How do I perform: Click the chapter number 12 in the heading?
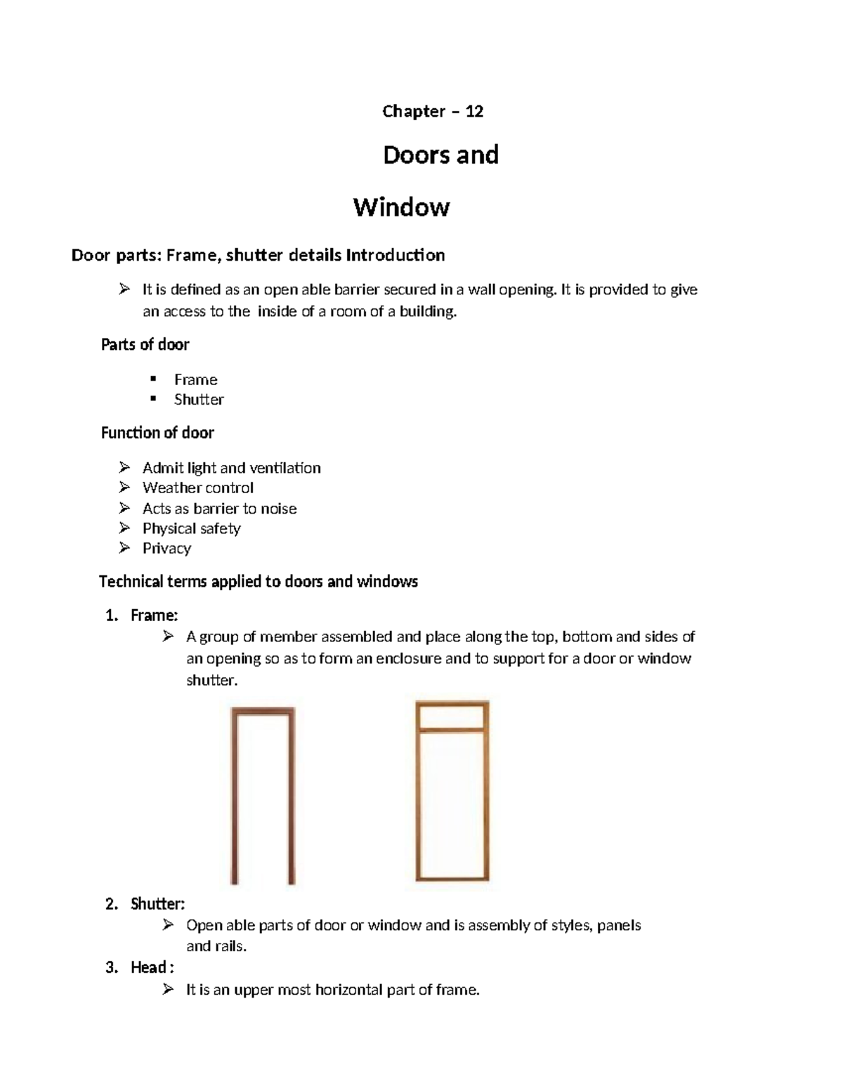(474, 112)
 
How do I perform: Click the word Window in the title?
(401, 207)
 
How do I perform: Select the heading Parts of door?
(145, 345)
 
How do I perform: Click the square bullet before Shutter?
(153, 399)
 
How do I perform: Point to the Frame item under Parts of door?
(195, 379)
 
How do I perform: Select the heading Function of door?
(157, 433)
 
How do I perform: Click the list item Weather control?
(197, 488)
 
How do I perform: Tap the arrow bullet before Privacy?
(124, 548)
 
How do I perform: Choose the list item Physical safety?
(191, 528)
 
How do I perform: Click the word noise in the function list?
(278, 509)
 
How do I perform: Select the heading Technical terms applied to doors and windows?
(259, 582)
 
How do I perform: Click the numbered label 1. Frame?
(142, 615)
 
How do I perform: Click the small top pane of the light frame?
(452, 717)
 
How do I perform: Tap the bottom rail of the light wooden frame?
(452, 877)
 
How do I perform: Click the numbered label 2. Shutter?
(145, 904)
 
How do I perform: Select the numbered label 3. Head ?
(140, 968)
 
